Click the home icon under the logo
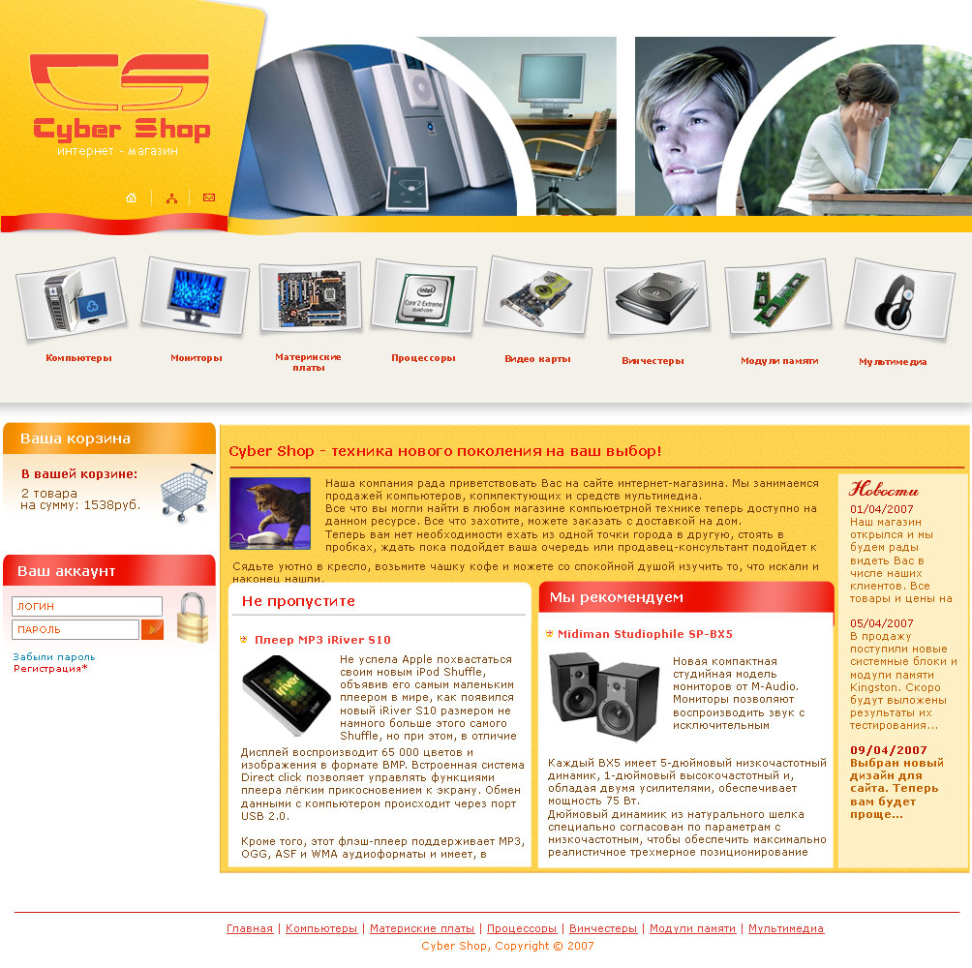(x=132, y=198)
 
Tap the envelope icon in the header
(x=208, y=198)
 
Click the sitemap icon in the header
(x=171, y=198)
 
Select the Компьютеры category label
(x=78, y=358)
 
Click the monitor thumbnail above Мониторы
(x=196, y=295)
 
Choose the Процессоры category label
(x=423, y=358)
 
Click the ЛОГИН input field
(x=86, y=606)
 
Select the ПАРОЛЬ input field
(x=75, y=630)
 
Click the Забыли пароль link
(x=54, y=656)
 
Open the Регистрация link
(x=49, y=668)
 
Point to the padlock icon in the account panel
(x=192, y=618)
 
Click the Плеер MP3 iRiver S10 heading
(x=322, y=640)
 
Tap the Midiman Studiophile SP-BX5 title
(x=645, y=634)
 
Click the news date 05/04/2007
(x=881, y=623)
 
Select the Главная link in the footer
(x=250, y=928)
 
